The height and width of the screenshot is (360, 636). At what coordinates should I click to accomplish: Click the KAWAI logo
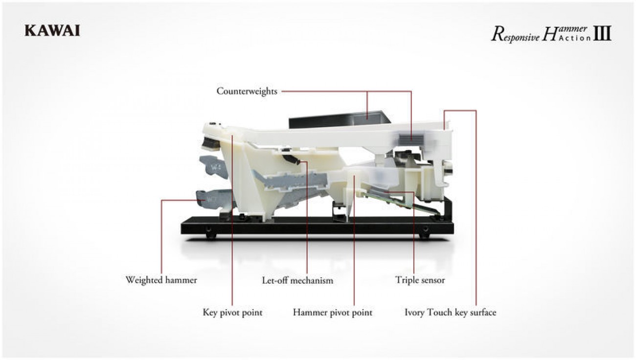tap(52, 31)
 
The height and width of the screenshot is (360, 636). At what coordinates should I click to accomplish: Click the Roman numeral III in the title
tap(602, 33)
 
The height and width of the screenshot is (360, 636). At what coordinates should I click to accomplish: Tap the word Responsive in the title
tap(515, 35)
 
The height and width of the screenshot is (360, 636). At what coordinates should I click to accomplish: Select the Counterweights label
tap(247, 91)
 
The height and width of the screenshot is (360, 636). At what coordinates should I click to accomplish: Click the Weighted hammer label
tap(161, 280)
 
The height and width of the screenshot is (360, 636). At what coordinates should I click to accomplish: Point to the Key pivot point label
tap(232, 313)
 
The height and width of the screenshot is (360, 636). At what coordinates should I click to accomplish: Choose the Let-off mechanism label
tap(297, 280)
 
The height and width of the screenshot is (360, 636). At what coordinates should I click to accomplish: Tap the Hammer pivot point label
tap(333, 313)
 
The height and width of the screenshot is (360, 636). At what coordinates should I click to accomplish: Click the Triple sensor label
tap(420, 280)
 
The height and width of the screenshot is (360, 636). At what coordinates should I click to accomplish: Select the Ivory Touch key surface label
tap(450, 313)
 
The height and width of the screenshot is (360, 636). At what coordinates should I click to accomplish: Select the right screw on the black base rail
tap(425, 229)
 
